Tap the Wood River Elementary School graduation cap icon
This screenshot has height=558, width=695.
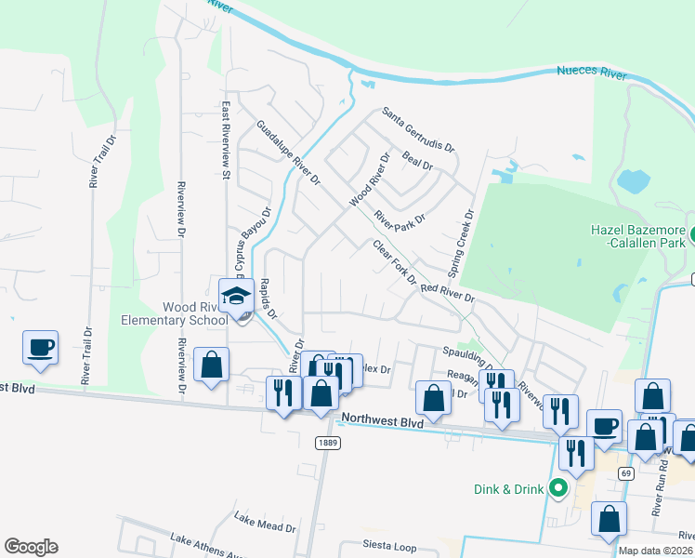236,297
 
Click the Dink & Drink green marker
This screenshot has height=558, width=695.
557,487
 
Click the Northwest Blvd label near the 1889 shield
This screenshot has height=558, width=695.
382,420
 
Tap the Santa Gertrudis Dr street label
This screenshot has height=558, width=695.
421,130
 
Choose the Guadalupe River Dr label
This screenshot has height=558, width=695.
288,152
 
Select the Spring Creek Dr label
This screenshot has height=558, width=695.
461,243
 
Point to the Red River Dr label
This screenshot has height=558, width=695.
448,294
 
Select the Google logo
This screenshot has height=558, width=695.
31,547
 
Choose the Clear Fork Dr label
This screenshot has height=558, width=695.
395,263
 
